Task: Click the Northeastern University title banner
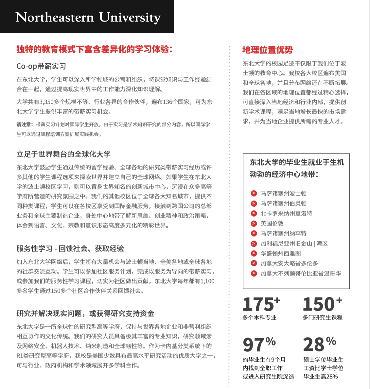coord(88,17)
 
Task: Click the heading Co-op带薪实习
coord(41,66)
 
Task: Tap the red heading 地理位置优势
coord(267,50)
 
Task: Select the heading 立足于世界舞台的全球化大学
coord(63,154)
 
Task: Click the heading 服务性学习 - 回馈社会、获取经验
coord(70,249)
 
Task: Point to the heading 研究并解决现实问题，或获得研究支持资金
coord(85,314)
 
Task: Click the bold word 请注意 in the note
coord(25,124)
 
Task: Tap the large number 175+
coord(261,304)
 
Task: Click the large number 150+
coord(322,304)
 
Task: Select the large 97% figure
coord(259,344)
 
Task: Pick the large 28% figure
coord(319,344)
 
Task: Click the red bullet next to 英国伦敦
coord(254,223)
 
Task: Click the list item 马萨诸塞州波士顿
coord(283,193)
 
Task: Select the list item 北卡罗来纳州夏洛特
coord(286,213)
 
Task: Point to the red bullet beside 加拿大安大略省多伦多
coord(254,263)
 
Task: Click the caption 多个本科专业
coord(259,317)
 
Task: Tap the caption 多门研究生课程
coord(322,317)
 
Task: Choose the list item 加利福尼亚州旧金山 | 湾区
coord(294,243)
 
